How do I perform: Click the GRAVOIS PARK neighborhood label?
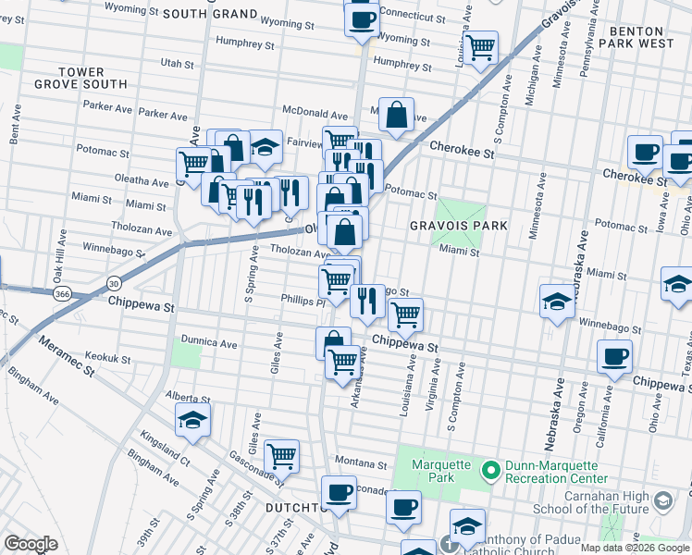coord(460,226)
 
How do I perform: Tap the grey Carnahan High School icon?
coord(661,500)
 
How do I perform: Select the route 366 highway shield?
coord(63,294)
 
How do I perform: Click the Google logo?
coord(31,544)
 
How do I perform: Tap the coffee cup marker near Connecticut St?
coord(362,18)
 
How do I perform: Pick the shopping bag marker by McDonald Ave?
coord(396,116)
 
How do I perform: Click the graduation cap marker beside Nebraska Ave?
coord(558,302)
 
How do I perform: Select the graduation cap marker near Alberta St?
coord(192,420)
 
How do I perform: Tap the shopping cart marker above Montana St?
coord(281,455)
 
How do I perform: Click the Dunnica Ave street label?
coord(210,343)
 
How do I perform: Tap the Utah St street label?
coord(178,65)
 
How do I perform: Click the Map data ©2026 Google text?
coord(634,547)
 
